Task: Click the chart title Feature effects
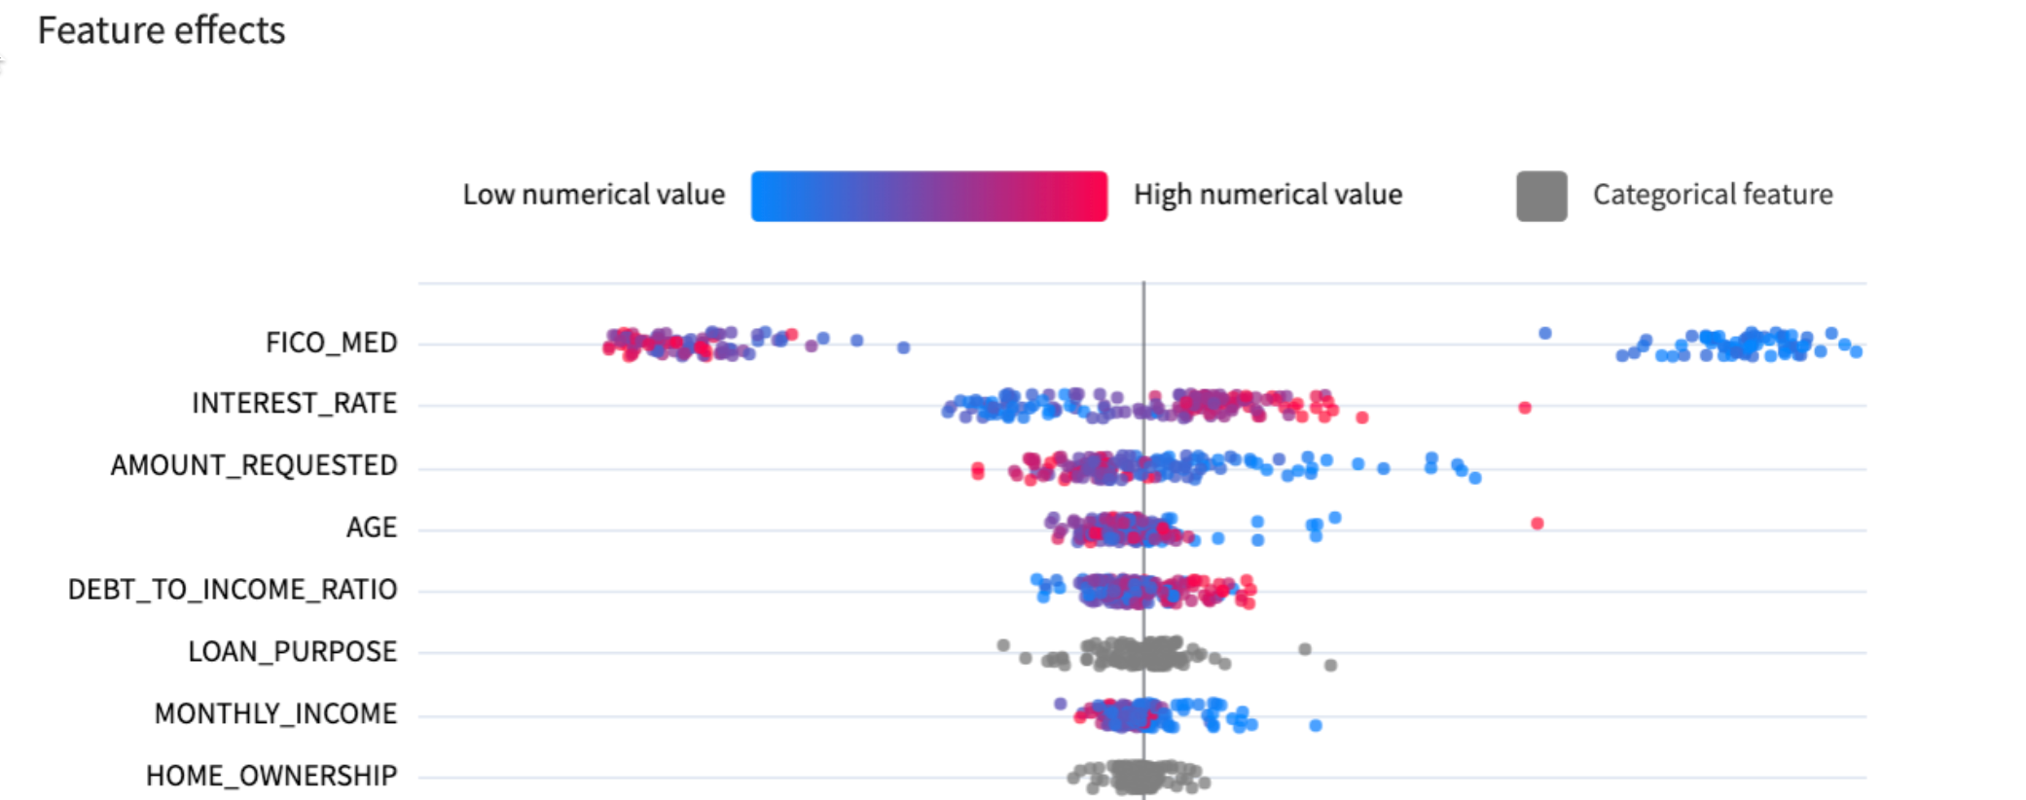click(162, 30)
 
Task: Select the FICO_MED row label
click(331, 343)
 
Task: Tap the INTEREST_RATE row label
click(294, 403)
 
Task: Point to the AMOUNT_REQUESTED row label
click(254, 465)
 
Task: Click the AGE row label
click(372, 527)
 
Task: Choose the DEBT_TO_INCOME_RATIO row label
click(233, 590)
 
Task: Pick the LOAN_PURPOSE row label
click(292, 651)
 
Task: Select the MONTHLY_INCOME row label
click(275, 713)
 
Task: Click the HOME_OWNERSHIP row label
click(271, 776)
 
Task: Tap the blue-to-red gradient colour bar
click(928, 196)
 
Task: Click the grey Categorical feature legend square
click(1541, 196)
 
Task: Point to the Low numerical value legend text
click(594, 195)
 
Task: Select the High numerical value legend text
click(1268, 195)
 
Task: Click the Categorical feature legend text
click(1713, 195)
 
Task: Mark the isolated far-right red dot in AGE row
click(1538, 524)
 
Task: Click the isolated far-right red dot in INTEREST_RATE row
click(1525, 408)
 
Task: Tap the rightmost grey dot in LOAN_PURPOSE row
click(1331, 665)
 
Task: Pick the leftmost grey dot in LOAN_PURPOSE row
click(1003, 645)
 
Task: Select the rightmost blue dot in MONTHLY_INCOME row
click(1316, 725)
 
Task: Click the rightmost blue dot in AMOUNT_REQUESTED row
click(1475, 478)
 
